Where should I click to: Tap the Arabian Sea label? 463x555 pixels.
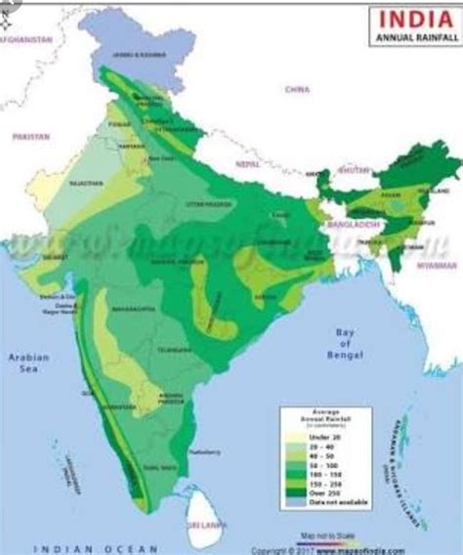pos(28,363)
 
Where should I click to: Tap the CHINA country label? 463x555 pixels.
pos(297,89)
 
